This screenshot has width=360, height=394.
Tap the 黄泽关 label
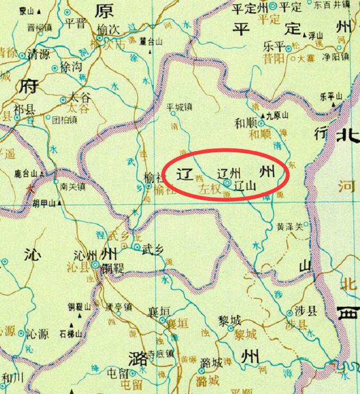289,226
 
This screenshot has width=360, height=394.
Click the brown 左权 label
209,188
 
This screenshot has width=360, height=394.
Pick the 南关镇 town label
73,187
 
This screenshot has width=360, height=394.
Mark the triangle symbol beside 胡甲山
59,202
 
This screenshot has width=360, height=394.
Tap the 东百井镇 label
333,4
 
